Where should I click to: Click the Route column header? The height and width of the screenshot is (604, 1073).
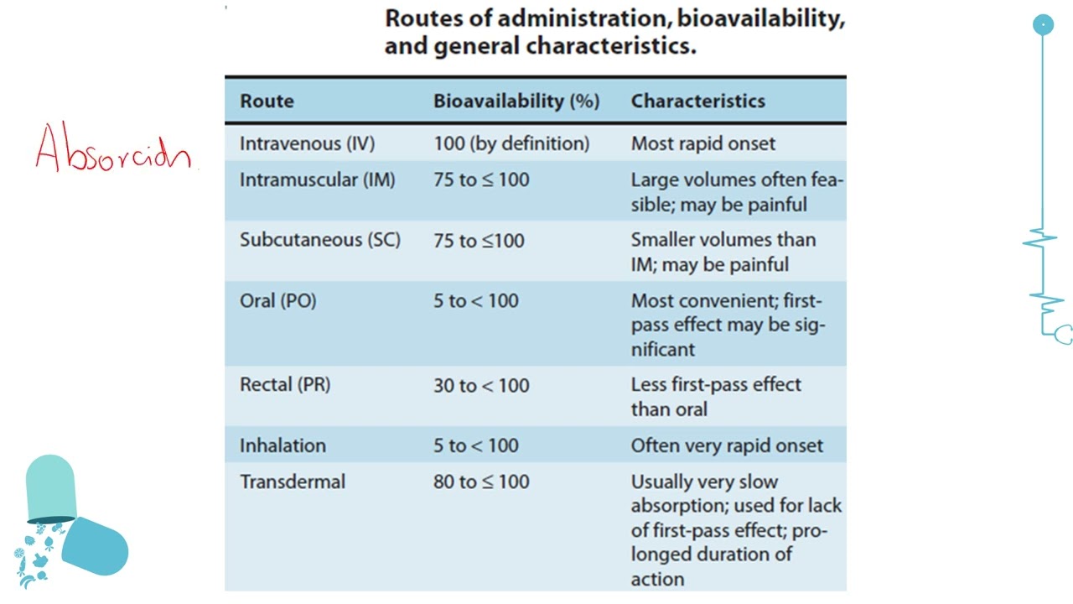tap(267, 102)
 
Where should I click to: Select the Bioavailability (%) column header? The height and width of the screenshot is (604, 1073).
tap(516, 102)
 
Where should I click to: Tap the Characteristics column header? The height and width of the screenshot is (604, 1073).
tap(698, 102)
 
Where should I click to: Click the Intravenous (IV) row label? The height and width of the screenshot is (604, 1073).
tap(307, 143)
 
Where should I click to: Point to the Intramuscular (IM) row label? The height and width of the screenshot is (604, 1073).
tap(318, 180)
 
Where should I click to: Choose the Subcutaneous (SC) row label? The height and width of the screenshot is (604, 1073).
tap(320, 240)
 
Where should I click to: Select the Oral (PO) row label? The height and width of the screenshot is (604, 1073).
tap(277, 301)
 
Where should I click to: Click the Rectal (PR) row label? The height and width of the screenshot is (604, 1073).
tap(285, 384)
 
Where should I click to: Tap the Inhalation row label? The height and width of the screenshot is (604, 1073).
tap(283, 445)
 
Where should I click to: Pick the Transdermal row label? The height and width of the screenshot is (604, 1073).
tap(293, 482)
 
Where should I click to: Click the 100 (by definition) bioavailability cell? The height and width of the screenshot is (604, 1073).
tap(511, 143)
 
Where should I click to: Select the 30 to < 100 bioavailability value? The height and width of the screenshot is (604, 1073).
tap(481, 386)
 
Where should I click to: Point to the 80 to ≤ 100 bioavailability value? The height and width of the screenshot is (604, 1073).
tap(481, 482)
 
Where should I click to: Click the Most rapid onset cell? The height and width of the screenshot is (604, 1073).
tap(702, 143)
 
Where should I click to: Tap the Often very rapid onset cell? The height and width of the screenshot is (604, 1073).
tap(727, 445)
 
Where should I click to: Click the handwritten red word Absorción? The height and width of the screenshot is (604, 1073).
tap(113, 147)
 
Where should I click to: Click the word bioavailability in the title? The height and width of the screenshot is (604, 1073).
tap(760, 19)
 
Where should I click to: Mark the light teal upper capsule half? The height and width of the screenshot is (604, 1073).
tap(51, 488)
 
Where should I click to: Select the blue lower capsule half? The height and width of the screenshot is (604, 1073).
tap(95, 546)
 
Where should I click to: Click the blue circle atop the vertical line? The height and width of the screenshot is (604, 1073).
tap(1043, 25)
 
